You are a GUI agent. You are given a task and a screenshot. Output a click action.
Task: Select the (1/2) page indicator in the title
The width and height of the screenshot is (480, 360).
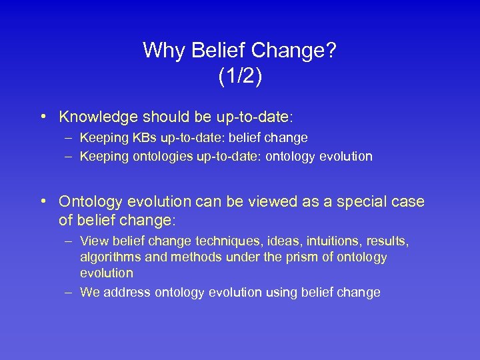(240, 76)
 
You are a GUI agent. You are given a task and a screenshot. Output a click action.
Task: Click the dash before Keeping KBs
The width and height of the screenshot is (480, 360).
(69, 138)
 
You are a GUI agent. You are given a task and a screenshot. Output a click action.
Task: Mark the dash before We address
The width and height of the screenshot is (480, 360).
(69, 292)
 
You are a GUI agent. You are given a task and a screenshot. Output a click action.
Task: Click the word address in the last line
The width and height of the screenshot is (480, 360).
(122, 292)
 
